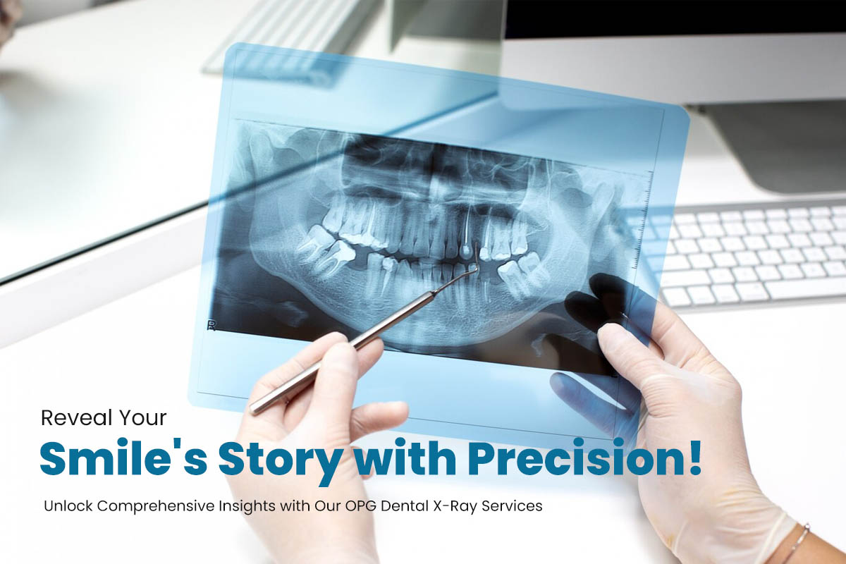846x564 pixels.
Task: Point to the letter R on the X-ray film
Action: (210, 324)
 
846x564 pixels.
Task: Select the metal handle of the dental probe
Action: (338, 352)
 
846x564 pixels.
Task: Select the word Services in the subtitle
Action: (517, 507)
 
